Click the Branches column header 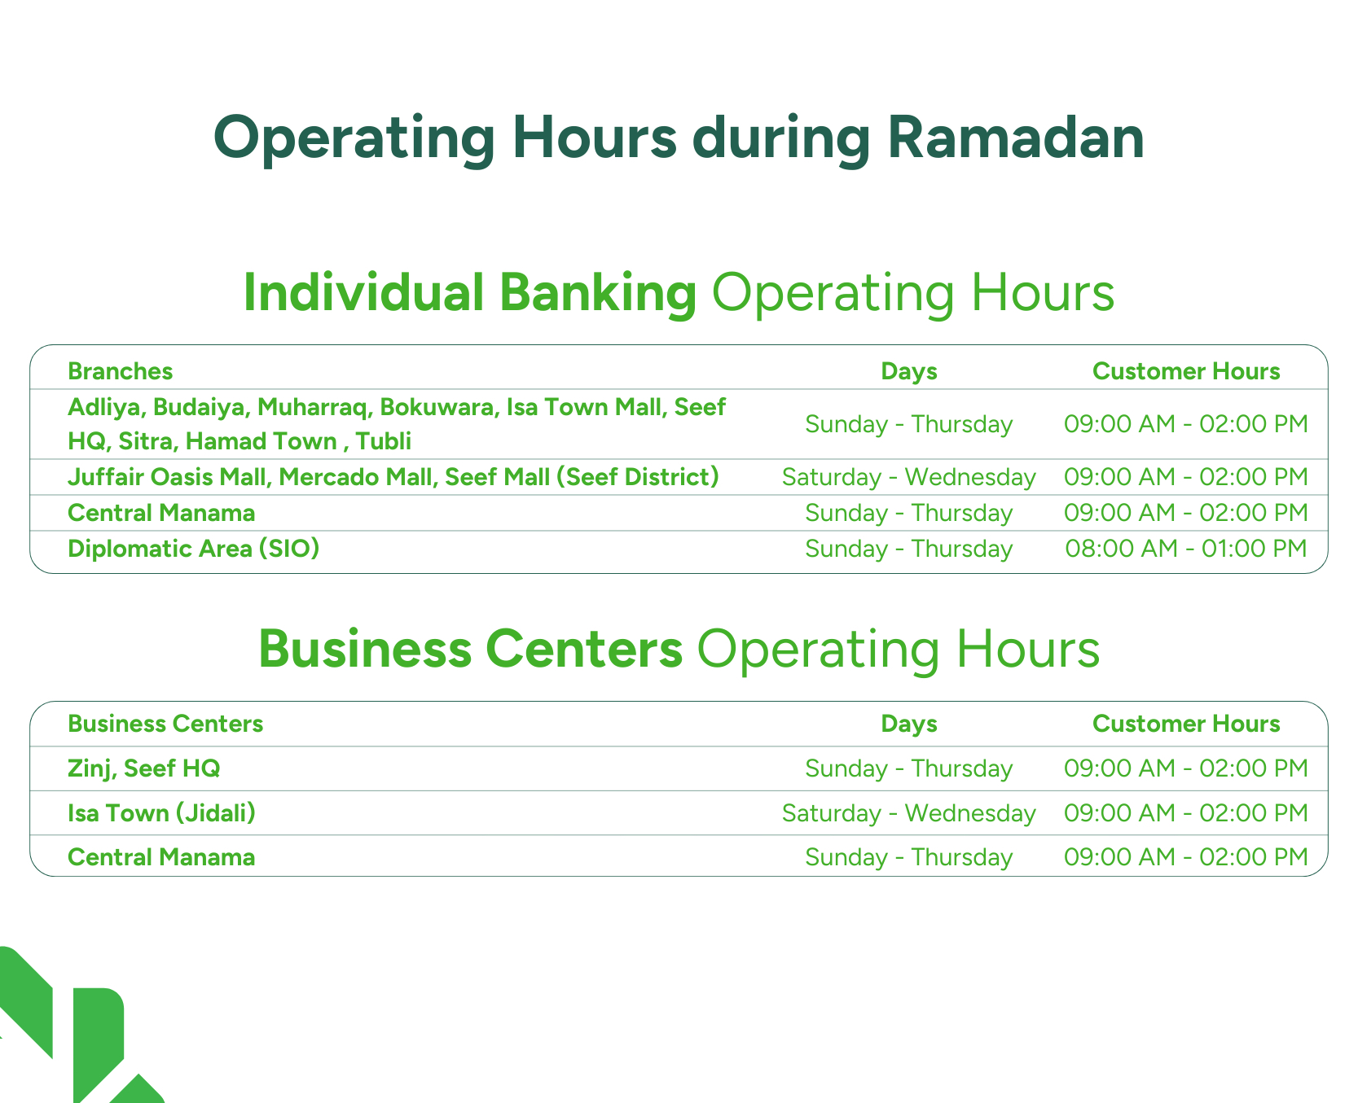coord(121,371)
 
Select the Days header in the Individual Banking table coord(909,371)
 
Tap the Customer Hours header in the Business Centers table coord(1186,724)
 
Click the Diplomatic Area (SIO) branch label coord(193,549)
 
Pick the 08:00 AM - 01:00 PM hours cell coord(1186,549)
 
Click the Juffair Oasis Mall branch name coord(168,476)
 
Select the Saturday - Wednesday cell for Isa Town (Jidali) coord(909,813)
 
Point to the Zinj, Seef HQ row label coord(144,768)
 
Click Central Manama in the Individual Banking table coord(161,513)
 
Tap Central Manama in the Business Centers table coord(161,857)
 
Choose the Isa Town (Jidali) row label coord(161,813)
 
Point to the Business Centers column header coord(165,724)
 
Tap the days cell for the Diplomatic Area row coord(909,549)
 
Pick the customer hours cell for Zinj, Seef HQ coord(1186,768)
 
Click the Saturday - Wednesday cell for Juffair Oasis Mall coord(909,476)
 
